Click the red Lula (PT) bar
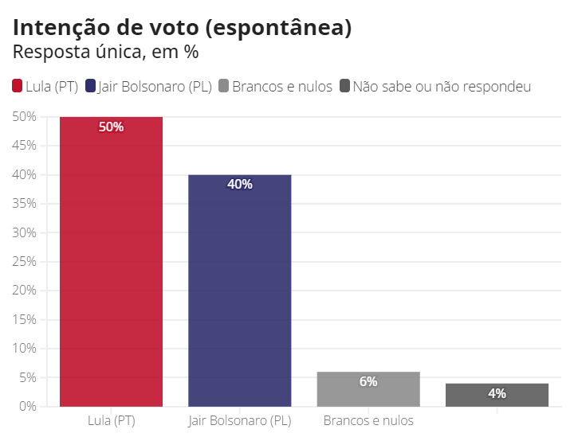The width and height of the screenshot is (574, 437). (x=112, y=263)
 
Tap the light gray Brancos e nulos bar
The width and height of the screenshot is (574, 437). (x=368, y=389)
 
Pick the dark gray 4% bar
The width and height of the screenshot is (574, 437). (x=497, y=395)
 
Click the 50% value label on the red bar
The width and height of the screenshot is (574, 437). (x=112, y=127)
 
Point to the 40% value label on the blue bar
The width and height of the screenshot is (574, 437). (x=240, y=184)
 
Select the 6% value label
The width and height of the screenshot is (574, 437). (x=368, y=381)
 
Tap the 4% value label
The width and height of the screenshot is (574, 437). (x=497, y=393)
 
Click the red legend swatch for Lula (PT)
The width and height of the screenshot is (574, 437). (x=18, y=86)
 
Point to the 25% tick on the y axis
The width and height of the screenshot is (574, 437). (x=25, y=262)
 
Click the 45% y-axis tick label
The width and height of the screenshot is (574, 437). (x=25, y=146)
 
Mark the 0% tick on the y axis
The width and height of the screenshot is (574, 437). (x=28, y=406)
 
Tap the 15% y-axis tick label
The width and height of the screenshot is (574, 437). (x=25, y=319)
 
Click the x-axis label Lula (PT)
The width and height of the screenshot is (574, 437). (x=112, y=419)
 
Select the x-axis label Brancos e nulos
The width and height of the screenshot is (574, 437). (x=368, y=419)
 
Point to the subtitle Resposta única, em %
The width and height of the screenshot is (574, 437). (x=105, y=53)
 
